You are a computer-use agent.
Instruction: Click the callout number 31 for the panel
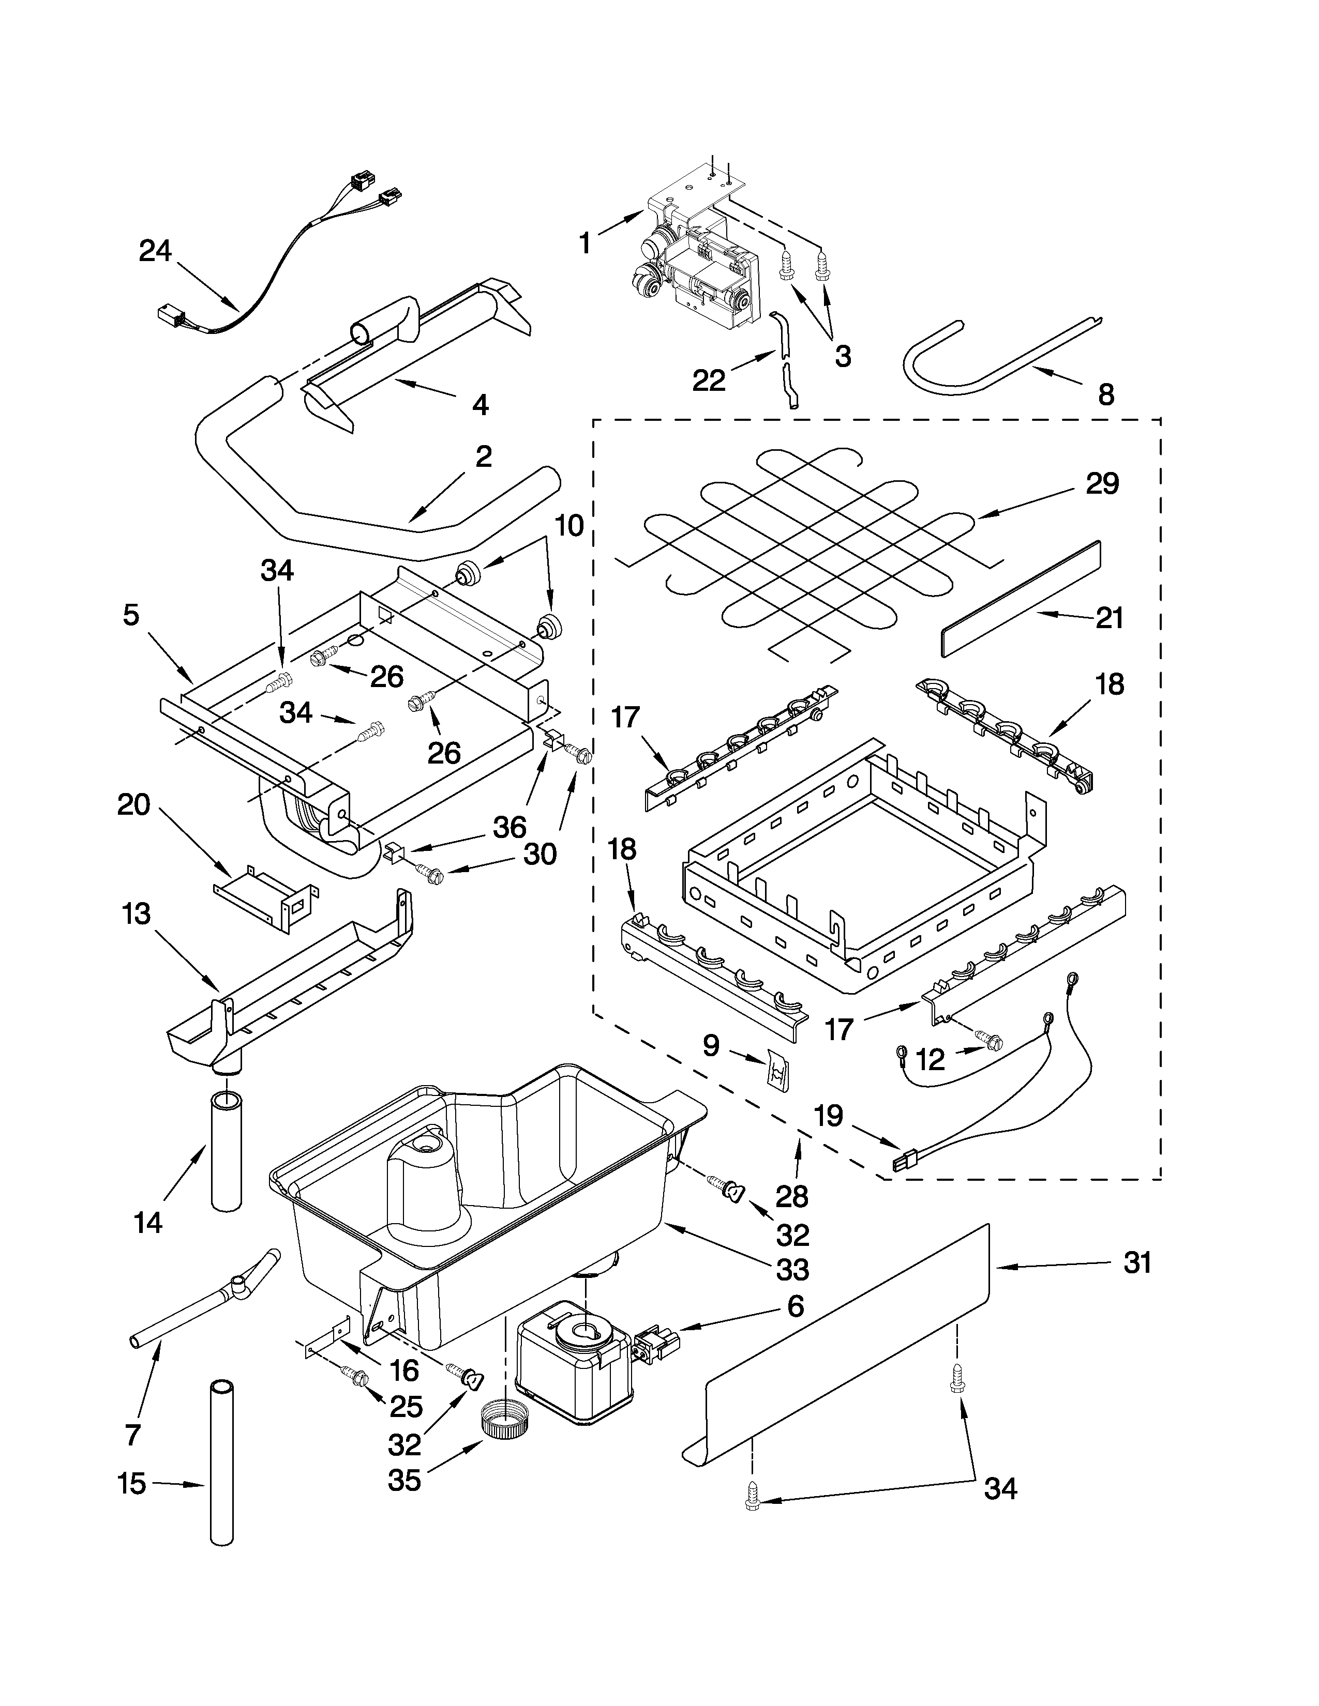(1137, 1263)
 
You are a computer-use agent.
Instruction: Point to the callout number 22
(709, 380)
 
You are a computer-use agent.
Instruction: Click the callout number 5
(131, 615)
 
